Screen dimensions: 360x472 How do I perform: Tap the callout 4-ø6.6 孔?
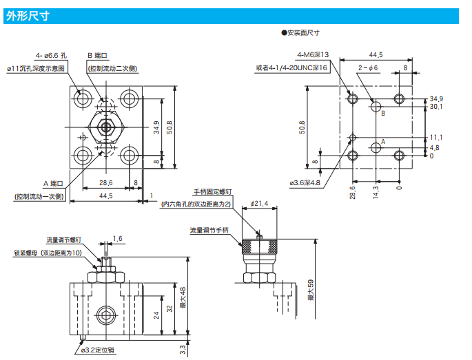tap(52, 55)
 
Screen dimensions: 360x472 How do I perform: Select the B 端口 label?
tap(98, 55)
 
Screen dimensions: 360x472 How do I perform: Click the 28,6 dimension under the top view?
tap(105, 182)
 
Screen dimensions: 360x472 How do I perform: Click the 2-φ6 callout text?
tap(368, 67)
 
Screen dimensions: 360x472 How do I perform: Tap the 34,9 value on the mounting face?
tap(435, 98)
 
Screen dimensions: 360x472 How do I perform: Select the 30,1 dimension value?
tap(435, 107)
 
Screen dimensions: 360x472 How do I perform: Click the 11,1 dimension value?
tap(435, 137)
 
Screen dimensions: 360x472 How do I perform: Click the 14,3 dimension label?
tap(376, 191)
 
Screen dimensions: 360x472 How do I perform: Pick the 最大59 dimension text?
tap(311, 290)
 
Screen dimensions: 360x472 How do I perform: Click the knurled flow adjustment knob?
tap(258, 245)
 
